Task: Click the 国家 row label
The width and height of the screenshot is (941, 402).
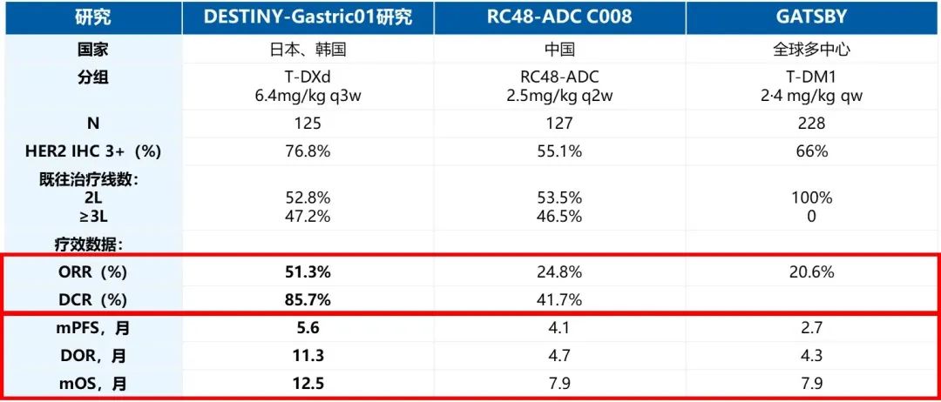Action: (x=91, y=50)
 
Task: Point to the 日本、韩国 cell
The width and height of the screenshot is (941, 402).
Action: (x=308, y=50)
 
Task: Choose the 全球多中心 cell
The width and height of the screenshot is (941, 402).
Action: (x=811, y=50)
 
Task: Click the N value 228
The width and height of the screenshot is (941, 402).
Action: (x=811, y=124)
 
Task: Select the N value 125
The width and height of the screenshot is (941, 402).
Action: (x=308, y=124)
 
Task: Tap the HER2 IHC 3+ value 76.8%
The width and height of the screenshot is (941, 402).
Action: (x=308, y=151)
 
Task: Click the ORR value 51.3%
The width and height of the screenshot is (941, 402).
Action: (x=308, y=272)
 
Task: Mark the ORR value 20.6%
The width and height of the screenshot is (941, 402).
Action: (x=811, y=272)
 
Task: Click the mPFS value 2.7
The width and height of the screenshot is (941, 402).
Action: (x=811, y=330)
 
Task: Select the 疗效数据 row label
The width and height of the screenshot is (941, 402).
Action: (x=91, y=245)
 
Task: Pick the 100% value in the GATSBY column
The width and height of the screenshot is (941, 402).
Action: (x=811, y=198)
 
